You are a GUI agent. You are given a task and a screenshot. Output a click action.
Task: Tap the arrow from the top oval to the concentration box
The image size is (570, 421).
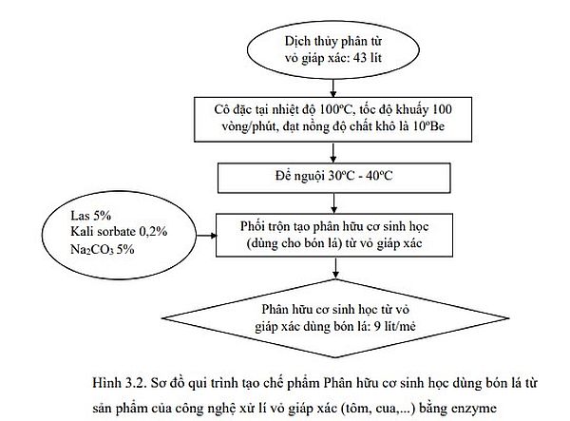pyautogui.click(x=335, y=85)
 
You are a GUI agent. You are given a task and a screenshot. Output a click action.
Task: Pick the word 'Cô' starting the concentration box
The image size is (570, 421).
pyautogui.click(x=223, y=108)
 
